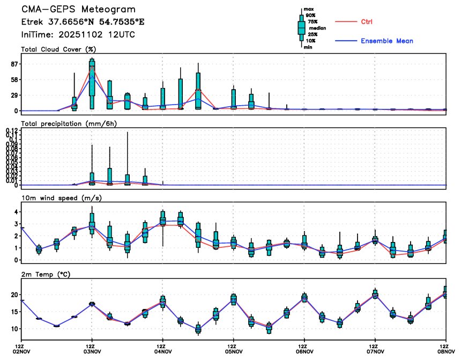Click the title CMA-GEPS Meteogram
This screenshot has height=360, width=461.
tap(78, 10)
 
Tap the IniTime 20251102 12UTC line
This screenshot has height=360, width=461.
tap(78, 35)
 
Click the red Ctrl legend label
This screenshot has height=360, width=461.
tap(367, 21)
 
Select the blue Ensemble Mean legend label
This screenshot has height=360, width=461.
tap(386, 41)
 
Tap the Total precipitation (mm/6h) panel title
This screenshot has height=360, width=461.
tap(69, 123)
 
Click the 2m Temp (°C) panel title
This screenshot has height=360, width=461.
tap(46, 274)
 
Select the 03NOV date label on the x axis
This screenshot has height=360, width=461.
tap(92, 352)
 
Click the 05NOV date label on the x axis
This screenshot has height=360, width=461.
tap(233, 352)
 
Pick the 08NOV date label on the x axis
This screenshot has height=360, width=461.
tap(443, 352)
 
